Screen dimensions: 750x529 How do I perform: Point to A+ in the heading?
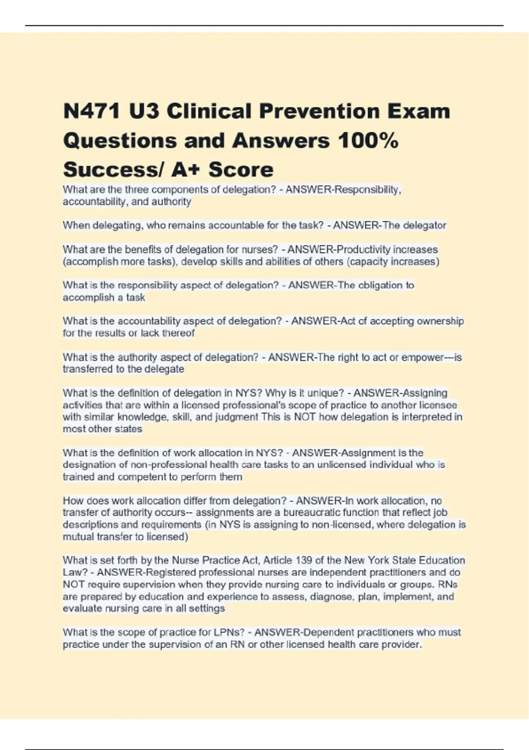click(186, 170)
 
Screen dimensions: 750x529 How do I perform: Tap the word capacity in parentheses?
click(367, 262)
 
